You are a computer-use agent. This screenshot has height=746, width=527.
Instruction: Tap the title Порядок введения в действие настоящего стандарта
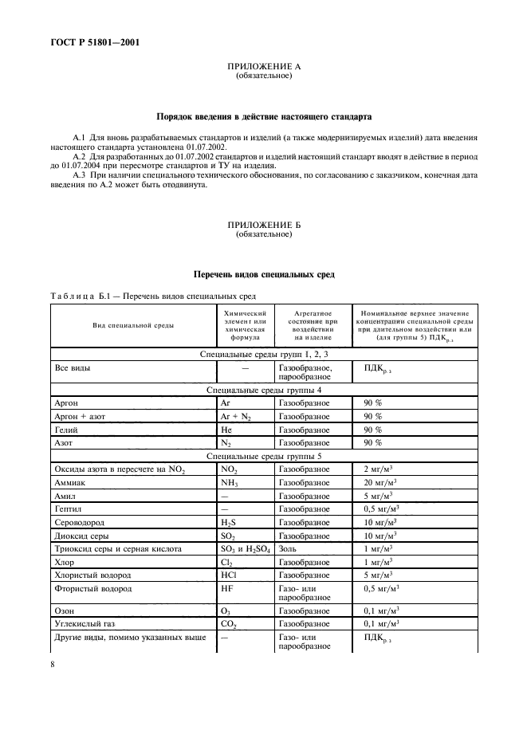pyautogui.click(x=263, y=116)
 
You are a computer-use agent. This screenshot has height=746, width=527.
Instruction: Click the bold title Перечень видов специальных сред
pyautogui.click(x=263, y=274)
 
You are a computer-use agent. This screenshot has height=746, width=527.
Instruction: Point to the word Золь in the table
pyautogui.click(x=288, y=548)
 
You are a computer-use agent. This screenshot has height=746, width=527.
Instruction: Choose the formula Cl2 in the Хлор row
pyautogui.click(x=226, y=562)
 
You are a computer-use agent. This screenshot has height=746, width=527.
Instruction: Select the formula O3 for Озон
pyautogui.click(x=226, y=610)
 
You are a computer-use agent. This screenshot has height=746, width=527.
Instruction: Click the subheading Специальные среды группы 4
pyautogui.click(x=263, y=391)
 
